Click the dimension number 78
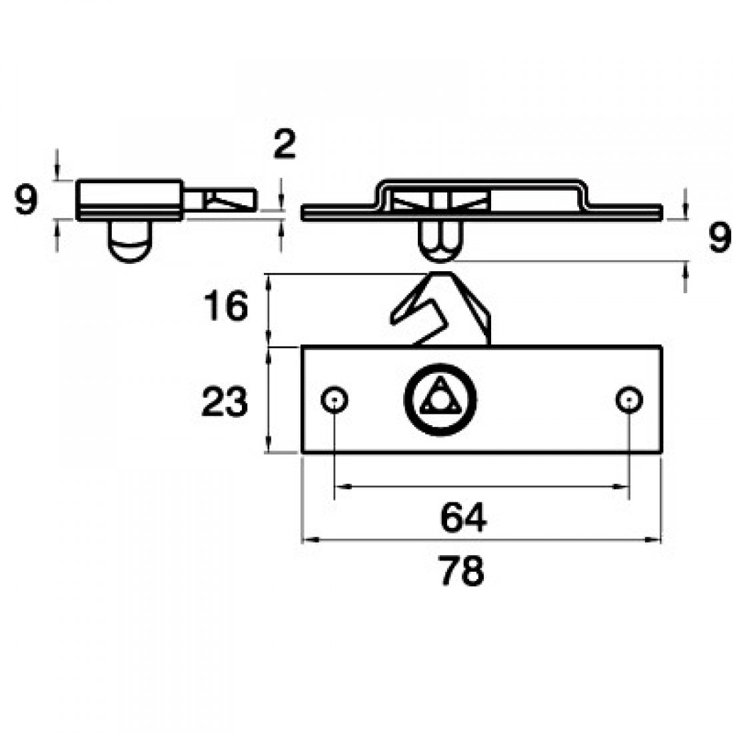point(462,571)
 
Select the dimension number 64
point(464,518)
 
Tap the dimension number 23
point(225,403)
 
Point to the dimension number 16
point(225,307)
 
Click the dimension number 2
point(285,145)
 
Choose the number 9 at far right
point(718,239)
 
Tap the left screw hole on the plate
point(334,400)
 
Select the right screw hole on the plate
point(628,400)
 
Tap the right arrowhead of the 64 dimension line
point(624,487)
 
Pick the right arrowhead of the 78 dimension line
point(658,540)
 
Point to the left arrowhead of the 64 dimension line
point(339,487)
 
